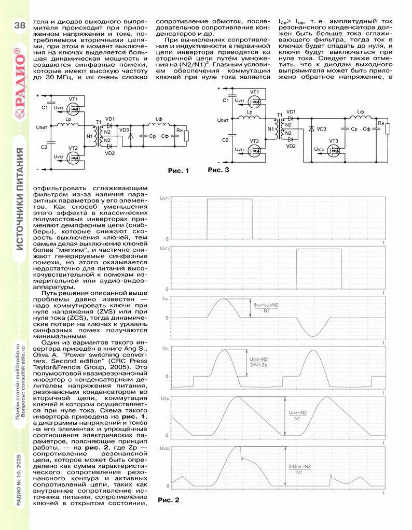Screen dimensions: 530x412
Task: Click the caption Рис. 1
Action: [178, 170]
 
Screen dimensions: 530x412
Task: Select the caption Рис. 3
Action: [217, 169]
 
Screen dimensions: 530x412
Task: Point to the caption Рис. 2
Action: [168, 500]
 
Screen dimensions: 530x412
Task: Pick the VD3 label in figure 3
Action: [322, 129]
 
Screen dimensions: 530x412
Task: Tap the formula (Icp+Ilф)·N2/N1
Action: [266, 308]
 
